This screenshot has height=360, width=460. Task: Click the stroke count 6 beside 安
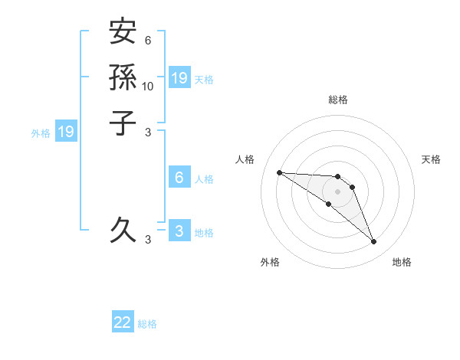click(148, 41)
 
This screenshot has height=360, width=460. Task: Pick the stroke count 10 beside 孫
click(148, 87)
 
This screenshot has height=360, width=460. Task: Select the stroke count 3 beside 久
click(148, 240)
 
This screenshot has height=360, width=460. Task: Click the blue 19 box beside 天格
click(179, 77)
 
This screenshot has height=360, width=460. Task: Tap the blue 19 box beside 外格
click(66, 132)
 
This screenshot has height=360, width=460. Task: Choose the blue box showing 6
click(179, 178)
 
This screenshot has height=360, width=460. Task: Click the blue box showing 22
click(123, 322)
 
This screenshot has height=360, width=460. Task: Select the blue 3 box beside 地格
click(179, 231)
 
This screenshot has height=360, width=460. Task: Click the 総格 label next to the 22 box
click(147, 324)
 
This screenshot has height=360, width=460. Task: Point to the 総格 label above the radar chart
click(337, 100)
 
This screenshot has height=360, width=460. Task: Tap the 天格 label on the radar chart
click(431, 159)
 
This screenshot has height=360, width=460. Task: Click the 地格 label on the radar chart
click(402, 262)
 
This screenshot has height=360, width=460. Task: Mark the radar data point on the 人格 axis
click(279, 172)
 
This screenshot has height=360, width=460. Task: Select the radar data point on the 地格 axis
click(373, 242)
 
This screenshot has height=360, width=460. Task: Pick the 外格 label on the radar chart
click(270, 262)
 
